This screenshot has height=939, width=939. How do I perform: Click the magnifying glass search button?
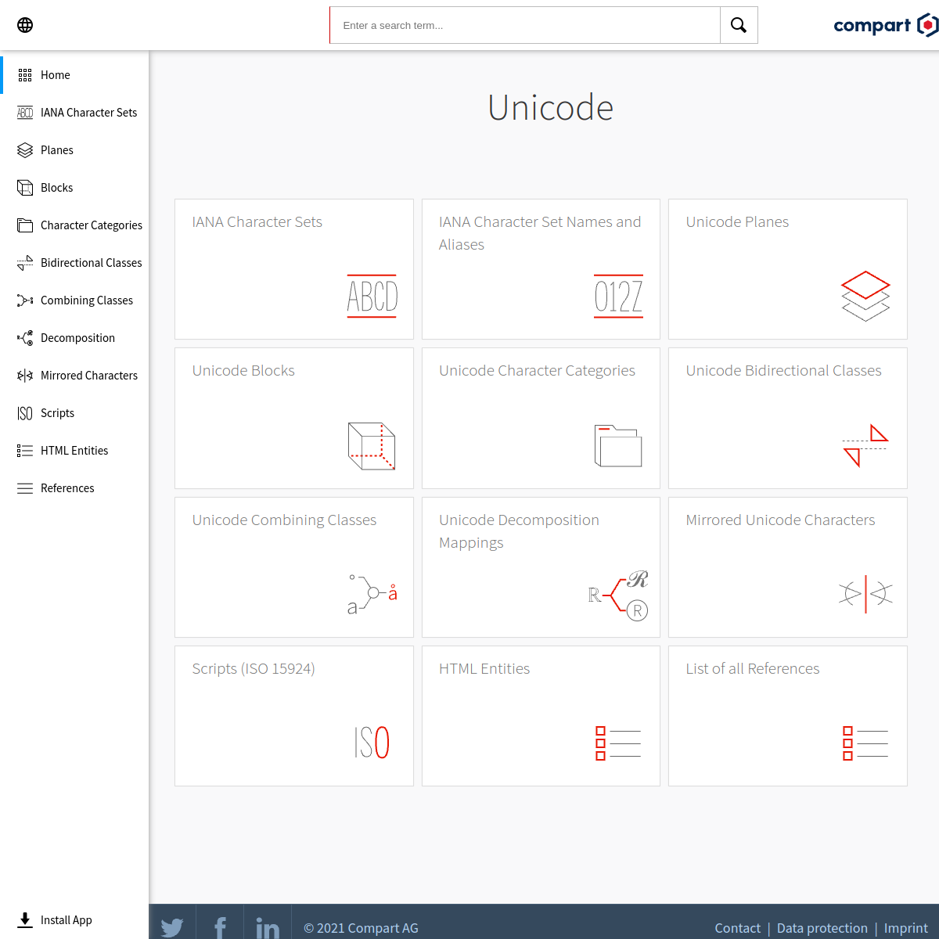[x=739, y=25]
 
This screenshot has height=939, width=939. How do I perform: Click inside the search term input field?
[x=525, y=25]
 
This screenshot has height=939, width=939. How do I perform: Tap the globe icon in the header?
[x=25, y=25]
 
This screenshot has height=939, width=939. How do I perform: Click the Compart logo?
[x=885, y=25]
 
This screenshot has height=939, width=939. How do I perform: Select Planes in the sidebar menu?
[x=57, y=150]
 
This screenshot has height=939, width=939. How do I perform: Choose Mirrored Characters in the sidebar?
[x=88, y=376]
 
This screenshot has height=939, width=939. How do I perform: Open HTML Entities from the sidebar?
[x=74, y=450]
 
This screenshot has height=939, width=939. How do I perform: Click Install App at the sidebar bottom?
[x=66, y=919]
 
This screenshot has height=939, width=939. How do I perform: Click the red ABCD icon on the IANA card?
[x=372, y=297]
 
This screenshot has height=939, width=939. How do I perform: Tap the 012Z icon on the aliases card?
[x=618, y=297]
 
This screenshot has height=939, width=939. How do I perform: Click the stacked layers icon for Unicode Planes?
[x=865, y=296]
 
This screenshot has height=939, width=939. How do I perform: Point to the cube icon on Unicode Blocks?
[x=372, y=446]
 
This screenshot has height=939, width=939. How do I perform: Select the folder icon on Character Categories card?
[x=618, y=445]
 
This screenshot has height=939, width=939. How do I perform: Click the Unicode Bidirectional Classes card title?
[x=783, y=370]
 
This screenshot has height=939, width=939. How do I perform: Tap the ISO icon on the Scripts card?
[x=372, y=742]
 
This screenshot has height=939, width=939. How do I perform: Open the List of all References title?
[x=752, y=668]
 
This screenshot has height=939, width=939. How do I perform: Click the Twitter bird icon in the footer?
[x=172, y=926]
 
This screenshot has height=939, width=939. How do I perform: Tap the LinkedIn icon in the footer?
[x=268, y=926]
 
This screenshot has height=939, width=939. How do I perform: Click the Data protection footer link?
[x=822, y=928]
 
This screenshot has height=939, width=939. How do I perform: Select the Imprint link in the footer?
[x=906, y=928]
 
